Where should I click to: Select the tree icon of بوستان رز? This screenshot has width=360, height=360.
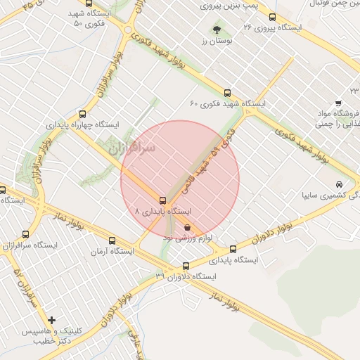217,30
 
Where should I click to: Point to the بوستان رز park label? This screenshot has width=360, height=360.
217,42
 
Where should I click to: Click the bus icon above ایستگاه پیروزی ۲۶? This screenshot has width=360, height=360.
272,17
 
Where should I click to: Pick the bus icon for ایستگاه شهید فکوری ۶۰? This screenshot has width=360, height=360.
226,93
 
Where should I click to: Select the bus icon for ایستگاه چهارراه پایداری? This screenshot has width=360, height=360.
83,114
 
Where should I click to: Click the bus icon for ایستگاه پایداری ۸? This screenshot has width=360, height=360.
163,200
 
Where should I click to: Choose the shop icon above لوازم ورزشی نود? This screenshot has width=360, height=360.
187,227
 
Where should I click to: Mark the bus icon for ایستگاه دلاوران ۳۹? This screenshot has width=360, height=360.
186,266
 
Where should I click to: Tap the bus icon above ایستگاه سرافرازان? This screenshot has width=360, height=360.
26,234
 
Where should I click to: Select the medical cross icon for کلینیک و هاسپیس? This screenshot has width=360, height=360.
52,320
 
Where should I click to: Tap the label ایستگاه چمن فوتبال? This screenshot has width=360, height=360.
325,6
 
